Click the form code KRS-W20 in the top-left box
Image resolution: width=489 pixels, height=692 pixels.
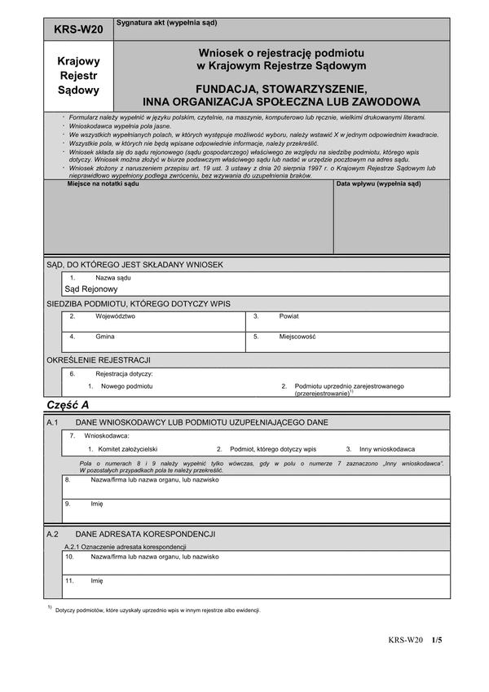tap(78, 29)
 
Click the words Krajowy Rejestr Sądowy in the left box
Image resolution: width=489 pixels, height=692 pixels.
tap(78, 75)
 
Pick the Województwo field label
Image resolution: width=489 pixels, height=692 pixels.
tap(115, 315)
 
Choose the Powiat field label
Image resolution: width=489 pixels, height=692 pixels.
tap(289, 315)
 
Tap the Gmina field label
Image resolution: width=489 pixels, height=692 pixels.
tap(105, 337)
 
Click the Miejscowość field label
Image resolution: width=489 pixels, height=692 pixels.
tap(297, 337)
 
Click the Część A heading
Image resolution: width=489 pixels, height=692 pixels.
tap(68, 405)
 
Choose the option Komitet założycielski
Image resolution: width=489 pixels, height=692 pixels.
tap(129, 449)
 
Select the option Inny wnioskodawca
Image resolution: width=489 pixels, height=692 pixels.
tap(387, 449)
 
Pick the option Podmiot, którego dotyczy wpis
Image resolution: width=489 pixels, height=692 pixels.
tap(272, 449)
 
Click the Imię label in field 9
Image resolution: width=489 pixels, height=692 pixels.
tap(97, 504)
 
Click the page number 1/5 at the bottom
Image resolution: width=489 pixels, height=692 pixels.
tap(437, 641)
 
